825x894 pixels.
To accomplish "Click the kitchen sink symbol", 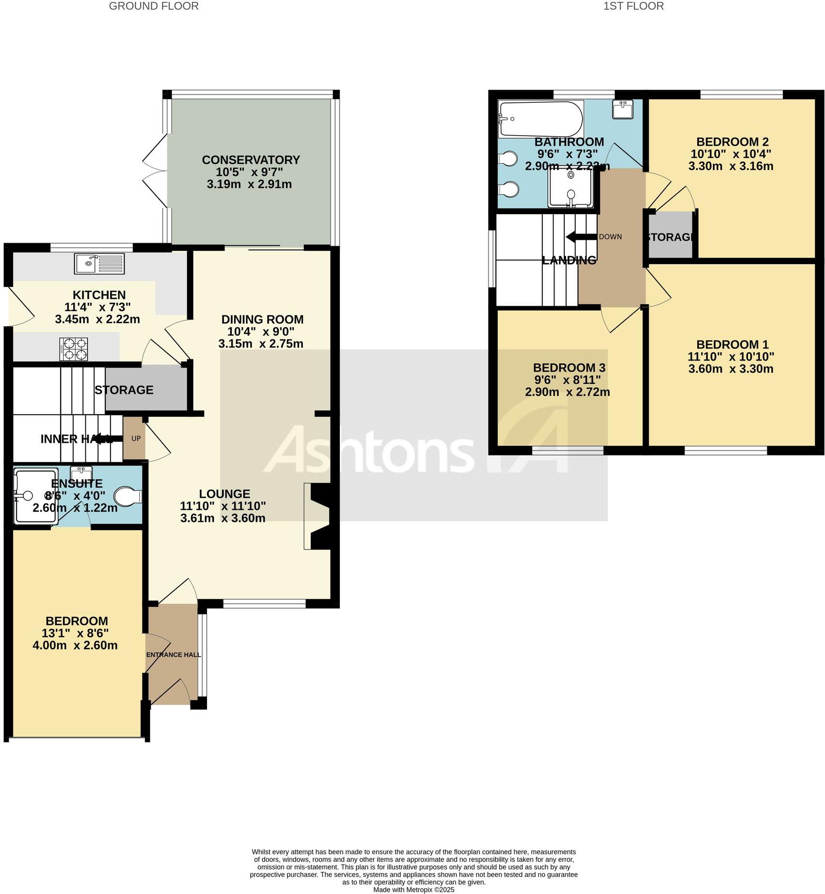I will click(99, 264).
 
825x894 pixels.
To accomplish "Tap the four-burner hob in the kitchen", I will click(74, 349).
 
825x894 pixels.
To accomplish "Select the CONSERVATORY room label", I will click(251, 160).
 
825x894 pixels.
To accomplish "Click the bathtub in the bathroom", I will click(540, 119).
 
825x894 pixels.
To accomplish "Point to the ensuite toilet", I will click(128, 497).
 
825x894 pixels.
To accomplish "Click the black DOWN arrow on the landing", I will click(581, 237).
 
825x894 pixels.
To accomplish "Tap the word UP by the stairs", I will click(136, 439).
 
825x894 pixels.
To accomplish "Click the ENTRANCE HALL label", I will click(174, 655).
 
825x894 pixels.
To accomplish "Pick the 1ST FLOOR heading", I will click(633, 6).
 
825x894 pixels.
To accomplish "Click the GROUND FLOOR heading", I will click(154, 6).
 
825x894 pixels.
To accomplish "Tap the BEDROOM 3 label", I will click(569, 368).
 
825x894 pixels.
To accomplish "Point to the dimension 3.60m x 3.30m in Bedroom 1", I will click(730, 369).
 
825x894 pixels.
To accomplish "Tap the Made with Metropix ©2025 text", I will click(413, 890).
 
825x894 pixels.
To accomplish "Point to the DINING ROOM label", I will click(262, 319).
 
